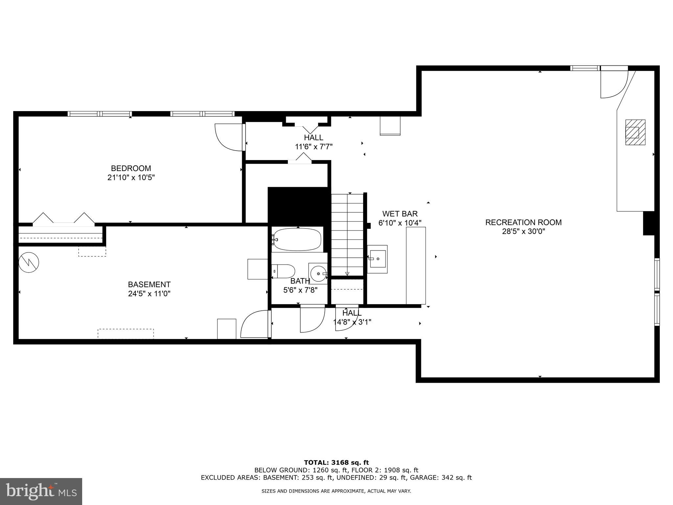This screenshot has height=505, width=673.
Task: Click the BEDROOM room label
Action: click(x=131, y=168)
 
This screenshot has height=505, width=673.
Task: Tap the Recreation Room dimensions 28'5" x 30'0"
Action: click(x=523, y=231)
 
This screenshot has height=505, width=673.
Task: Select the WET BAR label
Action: click(x=400, y=214)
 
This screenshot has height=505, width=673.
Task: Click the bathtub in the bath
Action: click(x=297, y=239)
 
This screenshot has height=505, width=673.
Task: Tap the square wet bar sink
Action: click(x=377, y=259)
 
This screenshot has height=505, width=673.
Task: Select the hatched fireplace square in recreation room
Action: click(x=635, y=132)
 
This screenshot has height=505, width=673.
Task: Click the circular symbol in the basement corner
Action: click(x=29, y=262)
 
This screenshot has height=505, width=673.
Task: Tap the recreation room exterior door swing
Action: click(x=613, y=84)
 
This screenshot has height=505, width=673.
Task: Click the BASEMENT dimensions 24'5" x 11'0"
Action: click(x=149, y=294)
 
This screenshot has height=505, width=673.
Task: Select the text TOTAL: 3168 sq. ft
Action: click(x=336, y=463)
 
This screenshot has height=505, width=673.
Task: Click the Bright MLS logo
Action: click(x=41, y=491)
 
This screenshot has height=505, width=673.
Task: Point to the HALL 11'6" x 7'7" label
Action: click(x=313, y=142)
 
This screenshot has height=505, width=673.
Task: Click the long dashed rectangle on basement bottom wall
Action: click(x=126, y=333)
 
